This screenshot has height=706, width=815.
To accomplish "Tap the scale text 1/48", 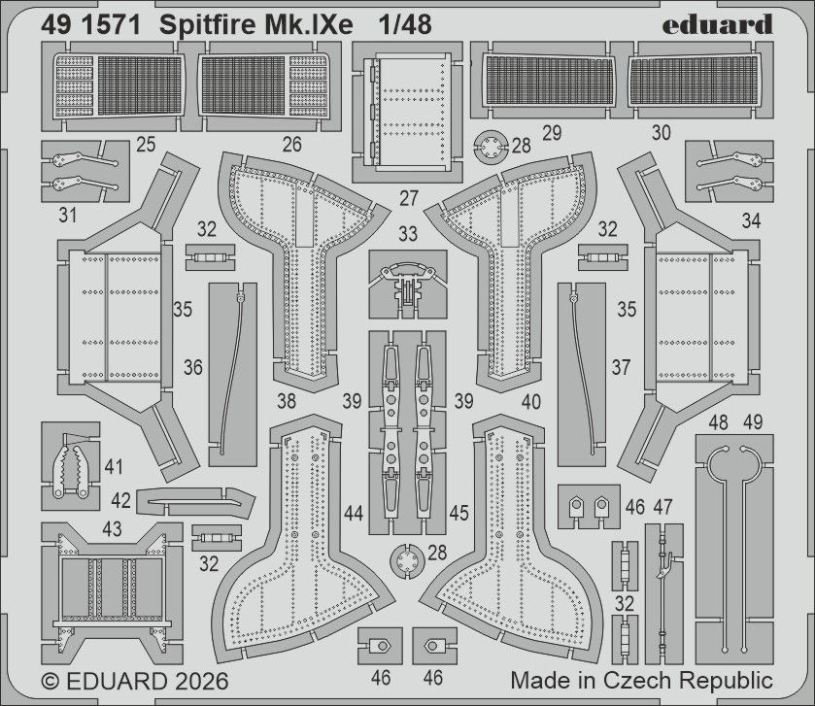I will (x=408, y=23).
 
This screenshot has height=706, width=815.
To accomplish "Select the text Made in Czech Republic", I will (x=641, y=679).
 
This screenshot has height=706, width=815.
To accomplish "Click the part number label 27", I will (x=409, y=198).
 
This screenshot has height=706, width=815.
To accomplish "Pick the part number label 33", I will (x=408, y=233).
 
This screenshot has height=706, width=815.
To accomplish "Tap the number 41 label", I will (x=115, y=468).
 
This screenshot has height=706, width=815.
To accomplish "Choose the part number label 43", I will (x=112, y=528).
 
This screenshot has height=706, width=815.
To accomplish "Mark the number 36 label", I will (x=193, y=367).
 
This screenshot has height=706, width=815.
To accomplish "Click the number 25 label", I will (x=147, y=146).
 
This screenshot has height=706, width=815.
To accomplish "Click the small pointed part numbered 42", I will (x=194, y=500).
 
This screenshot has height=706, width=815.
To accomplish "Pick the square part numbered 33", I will (x=408, y=282).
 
